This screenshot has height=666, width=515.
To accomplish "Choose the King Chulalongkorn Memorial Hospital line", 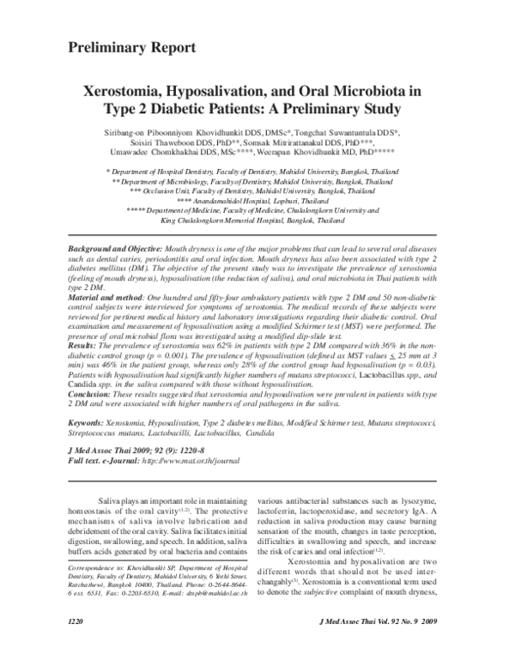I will pos(257,221).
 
